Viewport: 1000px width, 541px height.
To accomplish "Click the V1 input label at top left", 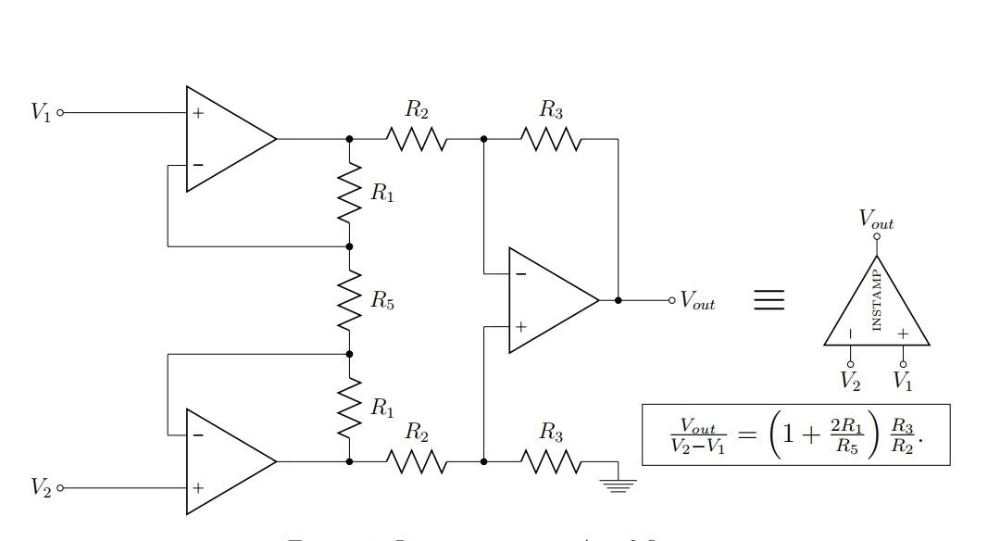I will [x=41, y=113].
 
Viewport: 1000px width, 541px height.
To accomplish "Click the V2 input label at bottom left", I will [x=41, y=486].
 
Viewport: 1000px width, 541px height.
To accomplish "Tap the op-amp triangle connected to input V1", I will [x=227, y=139].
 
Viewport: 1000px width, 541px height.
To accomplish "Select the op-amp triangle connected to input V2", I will [x=227, y=460].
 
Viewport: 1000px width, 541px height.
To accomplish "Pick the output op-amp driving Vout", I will [x=550, y=300].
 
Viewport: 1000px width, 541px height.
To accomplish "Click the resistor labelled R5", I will [x=349, y=300].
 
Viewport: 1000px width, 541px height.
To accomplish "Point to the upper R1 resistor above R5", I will [x=349, y=193].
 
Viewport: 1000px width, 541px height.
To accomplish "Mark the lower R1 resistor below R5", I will [x=349, y=407].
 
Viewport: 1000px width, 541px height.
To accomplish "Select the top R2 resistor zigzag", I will [x=417, y=139].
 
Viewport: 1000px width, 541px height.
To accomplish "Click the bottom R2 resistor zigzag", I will [x=417, y=460].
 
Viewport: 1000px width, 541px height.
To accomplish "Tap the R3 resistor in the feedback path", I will [x=551, y=139].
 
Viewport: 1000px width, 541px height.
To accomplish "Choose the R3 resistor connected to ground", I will [x=551, y=460].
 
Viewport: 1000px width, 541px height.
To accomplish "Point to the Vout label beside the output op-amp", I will [x=698, y=301].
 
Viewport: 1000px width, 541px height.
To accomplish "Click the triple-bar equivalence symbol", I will [x=769, y=300].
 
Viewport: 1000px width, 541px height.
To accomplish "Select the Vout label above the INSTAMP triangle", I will [x=876, y=220].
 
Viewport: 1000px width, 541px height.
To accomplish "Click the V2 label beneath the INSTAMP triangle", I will [x=850, y=380].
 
